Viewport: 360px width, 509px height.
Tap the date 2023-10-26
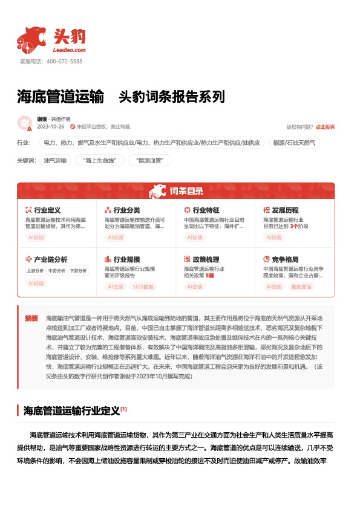pos(51,127)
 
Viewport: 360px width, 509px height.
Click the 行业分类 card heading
pos(126,210)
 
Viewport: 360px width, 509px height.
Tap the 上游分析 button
pos(35,271)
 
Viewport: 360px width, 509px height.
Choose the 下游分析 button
pos(77,271)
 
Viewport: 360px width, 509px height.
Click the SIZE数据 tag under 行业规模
pos(143,286)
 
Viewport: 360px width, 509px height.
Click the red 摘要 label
pos(31,318)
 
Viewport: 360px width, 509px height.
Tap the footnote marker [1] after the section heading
pos(123,409)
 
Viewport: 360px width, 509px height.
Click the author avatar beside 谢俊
pos(25,123)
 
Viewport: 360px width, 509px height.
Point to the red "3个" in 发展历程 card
pos(295,226)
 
